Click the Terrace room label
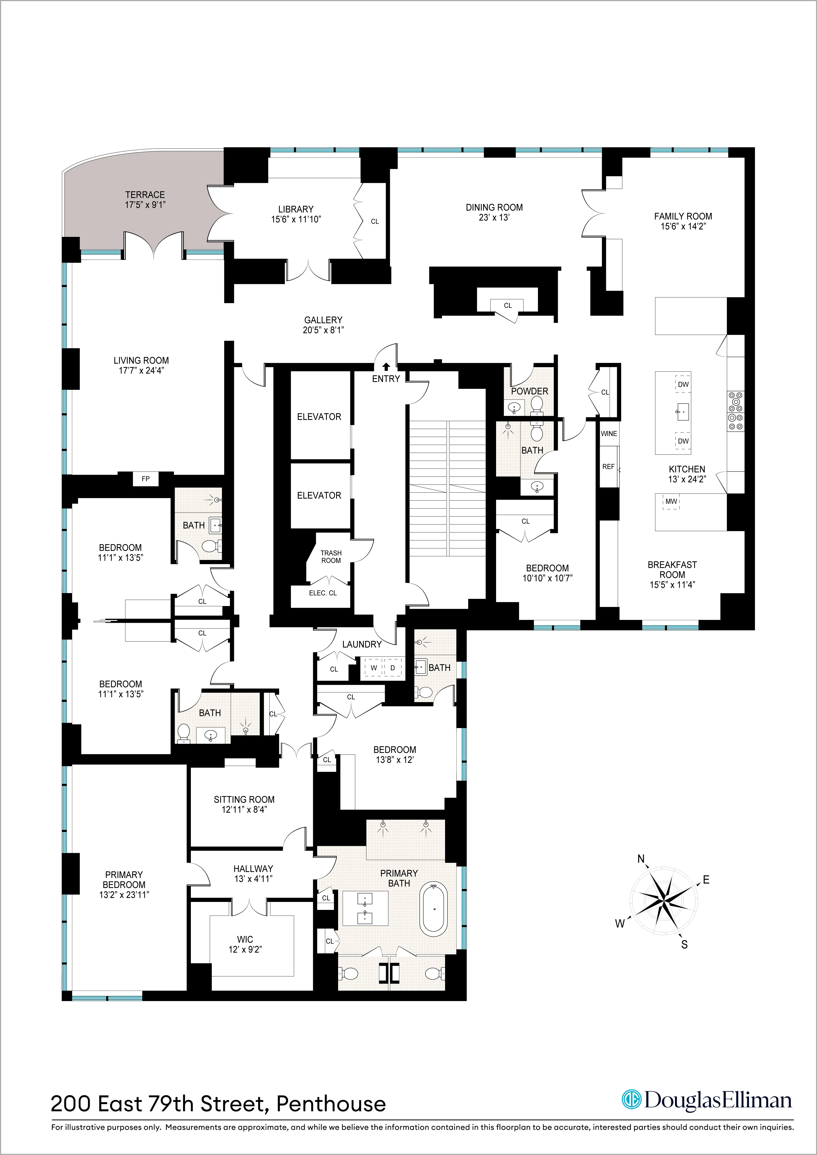coord(145,195)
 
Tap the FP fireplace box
coord(146,479)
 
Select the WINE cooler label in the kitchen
coord(609,434)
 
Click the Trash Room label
coord(331,556)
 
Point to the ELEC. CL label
coord(322,593)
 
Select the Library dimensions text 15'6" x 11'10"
coord(296,219)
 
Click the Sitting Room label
coord(244,799)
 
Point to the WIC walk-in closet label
coord(245,939)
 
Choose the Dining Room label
coord(494,207)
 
